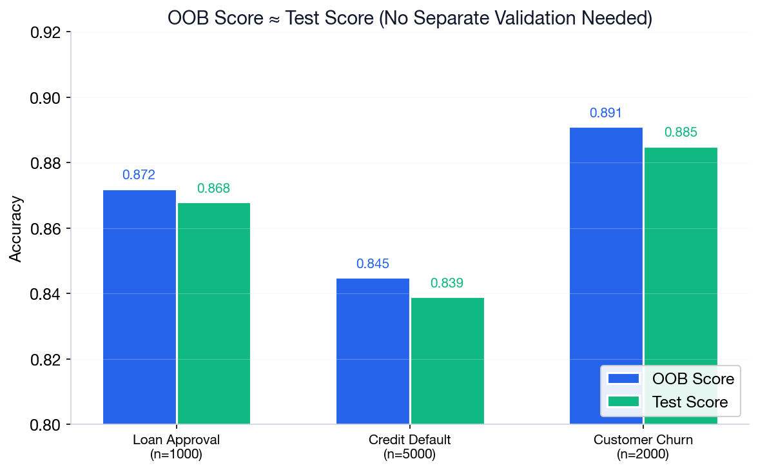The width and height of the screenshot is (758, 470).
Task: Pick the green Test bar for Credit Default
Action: coord(447,360)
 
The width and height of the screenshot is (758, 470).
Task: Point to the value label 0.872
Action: coord(139,175)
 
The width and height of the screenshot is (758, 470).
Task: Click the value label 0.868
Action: coord(214,188)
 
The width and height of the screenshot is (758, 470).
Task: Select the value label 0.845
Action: coord(373,264)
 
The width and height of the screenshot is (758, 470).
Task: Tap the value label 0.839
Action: coord(447,283)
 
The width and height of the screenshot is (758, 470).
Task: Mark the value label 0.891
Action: coord(606,113)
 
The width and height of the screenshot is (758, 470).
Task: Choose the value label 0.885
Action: coord(681,133)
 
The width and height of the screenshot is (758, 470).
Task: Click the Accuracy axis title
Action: coord(16,229)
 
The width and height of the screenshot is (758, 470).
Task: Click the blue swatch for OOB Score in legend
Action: coord(623,378)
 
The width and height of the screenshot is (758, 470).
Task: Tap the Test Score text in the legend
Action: coord(690,402)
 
